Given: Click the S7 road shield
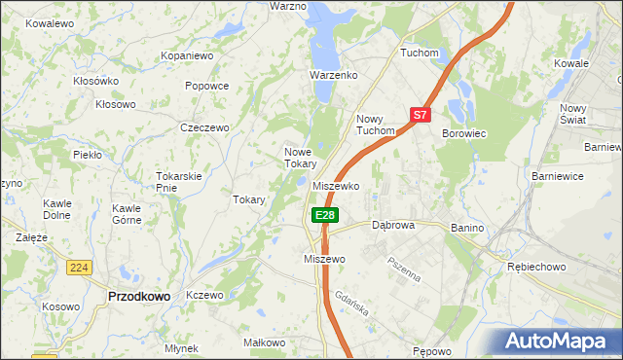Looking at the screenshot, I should (x=420, y=115).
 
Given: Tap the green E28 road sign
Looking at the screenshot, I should (x=325, y=215).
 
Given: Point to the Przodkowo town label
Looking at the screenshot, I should (x=139, y=295).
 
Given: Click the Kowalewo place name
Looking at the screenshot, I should (x=51, y=22).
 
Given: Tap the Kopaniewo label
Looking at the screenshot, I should (x=187, y=56).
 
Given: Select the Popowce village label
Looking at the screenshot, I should (x=206, y=86).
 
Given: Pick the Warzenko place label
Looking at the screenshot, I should (x=334, y=75).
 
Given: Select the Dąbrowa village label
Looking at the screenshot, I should (x=394, y=225).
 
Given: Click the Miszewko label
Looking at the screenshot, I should (x=337, y=186).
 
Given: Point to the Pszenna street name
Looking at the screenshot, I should (x=403, y=268).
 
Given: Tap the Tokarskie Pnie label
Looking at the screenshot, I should (x=179, y=182).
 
